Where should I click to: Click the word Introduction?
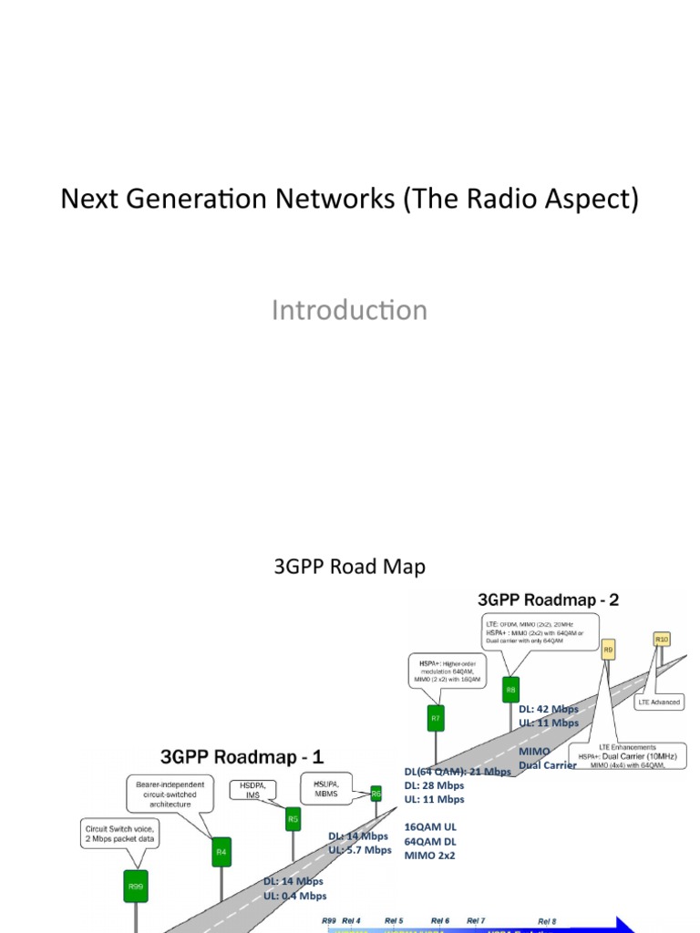pyautogui.click(x=349, y=310)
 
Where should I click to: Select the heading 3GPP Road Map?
pyautogui.click(x=349, y=567)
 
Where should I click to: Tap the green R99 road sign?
pyautogui.click(x=136, y=886)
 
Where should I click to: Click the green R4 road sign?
pyautogui.click(x=220, y=853)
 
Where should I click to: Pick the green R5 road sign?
pyautogui.click(x=293, y=820)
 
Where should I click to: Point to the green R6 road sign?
pyautogui.click(x=376, y=795)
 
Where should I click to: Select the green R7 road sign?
pyautogui.click(x=436, y=719)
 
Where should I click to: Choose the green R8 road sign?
pyautogui.click(x=510, y=691)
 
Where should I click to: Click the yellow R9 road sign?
pyautogui.click(x=608, y=651)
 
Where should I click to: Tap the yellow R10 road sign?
pyautogui.click(x=663, y=641)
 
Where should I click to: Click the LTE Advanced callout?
pyautogui.click(x=658, y=702)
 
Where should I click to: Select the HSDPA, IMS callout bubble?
pyautogui.click(x=252, y=790)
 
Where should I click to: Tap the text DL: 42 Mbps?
pyautogui.click(x=549, y=709)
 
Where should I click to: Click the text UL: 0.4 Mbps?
pyautogui.click(x=294, y=896)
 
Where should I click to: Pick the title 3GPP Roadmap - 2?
pyautogui.click(x=549, y=600)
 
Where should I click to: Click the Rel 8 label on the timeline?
pyautogui.click(x=547, y=921)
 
